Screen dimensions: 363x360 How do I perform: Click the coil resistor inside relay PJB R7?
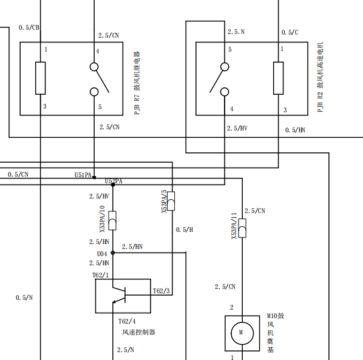40,78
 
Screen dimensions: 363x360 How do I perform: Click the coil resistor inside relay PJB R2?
278,78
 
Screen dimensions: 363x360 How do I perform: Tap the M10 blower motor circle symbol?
242,333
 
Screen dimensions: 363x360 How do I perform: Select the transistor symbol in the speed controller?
119,295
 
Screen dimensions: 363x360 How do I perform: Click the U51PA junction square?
94,177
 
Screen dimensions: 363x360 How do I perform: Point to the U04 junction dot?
113,253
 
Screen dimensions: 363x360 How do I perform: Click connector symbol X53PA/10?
112,220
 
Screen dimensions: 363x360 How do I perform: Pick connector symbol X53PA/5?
171,201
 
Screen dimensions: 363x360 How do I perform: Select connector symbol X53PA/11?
242,228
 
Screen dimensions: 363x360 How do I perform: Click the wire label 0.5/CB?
29,27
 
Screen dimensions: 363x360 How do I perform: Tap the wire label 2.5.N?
236,32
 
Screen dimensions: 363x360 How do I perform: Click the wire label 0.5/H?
185,229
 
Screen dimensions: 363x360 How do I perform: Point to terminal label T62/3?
161,291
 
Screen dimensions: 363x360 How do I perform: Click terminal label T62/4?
127,321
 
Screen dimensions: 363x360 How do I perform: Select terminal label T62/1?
101,275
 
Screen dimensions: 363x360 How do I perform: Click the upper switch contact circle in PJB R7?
94,67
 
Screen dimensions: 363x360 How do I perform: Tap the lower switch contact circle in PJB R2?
225,92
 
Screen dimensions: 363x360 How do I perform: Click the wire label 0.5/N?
24,297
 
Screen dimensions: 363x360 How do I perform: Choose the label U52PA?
114,181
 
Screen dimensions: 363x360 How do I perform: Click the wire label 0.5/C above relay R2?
290,32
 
